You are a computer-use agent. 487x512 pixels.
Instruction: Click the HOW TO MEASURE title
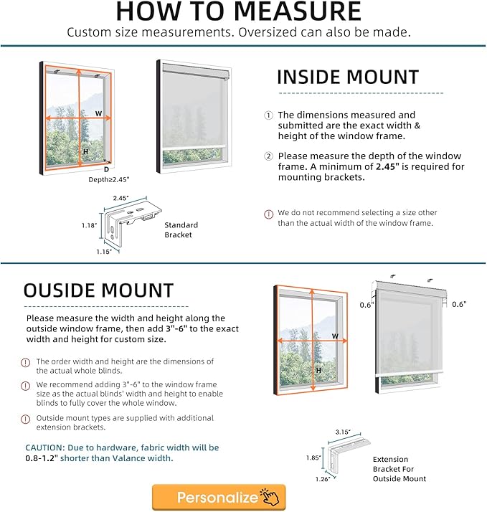tap(238, 11)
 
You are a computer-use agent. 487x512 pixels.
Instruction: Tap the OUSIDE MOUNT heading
tap(98, 290)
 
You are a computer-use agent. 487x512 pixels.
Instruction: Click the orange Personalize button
tap(219, 497)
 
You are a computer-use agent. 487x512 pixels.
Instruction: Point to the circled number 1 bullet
tap(269, 115)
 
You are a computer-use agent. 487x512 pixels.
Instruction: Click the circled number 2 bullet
tap(269, 156)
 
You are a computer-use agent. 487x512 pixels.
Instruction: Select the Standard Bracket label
tap(181, 229)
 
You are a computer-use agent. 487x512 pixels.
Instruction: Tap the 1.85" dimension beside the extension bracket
tap(313, 457)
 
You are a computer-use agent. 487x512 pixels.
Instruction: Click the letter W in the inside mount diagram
tap(98, 113)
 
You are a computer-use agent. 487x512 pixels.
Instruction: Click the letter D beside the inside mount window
tap(106, 169)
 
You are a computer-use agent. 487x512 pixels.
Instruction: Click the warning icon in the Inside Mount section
tap(269, 214)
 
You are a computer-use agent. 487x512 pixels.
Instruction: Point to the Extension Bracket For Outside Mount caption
tap(399, 469)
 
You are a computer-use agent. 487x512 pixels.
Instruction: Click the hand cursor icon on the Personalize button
tap(270, 498)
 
